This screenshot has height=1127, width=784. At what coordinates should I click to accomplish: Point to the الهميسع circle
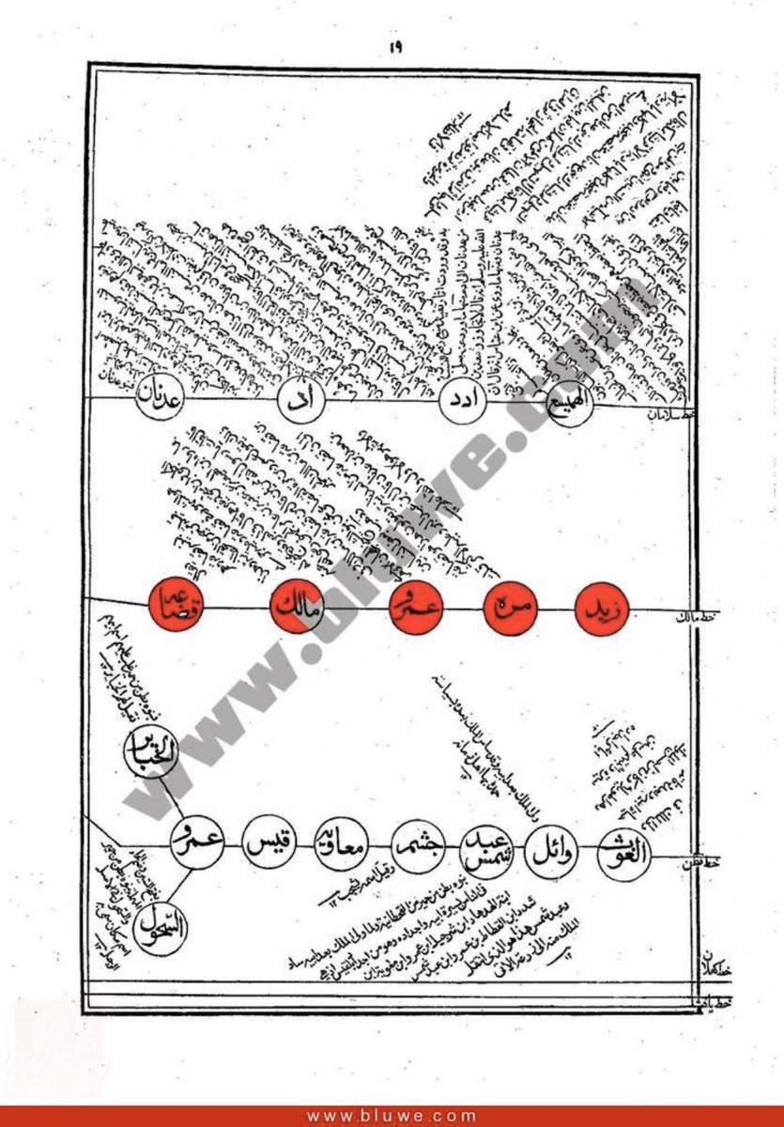coord(573,404)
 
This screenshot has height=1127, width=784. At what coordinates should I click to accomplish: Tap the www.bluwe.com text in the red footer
coord(392,1117)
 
